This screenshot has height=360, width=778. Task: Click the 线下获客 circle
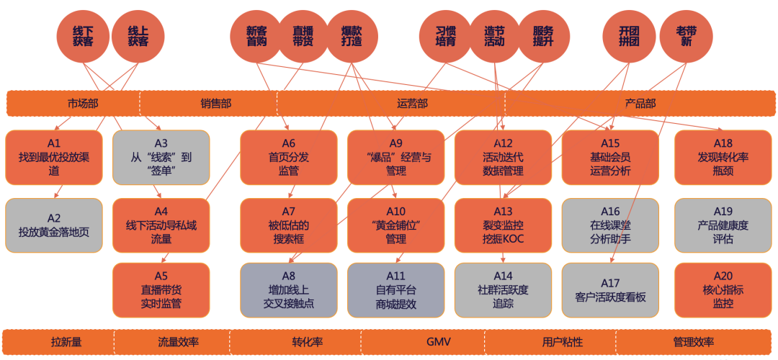83,37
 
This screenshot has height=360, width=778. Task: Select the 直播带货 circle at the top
303,37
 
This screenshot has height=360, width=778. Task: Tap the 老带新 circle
687,37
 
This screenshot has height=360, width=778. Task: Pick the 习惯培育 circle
446,37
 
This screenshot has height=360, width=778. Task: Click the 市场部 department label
82,104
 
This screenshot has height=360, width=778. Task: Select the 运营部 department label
412,104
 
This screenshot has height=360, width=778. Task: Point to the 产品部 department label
640,104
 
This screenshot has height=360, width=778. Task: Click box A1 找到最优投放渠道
54,157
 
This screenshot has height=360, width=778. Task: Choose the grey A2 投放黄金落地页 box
54,225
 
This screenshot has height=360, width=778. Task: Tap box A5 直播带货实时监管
161,290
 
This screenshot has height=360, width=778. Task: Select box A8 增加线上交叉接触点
289,290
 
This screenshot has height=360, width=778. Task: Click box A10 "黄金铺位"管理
396,225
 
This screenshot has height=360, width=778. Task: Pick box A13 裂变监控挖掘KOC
503,225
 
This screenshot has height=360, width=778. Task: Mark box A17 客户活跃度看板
610,290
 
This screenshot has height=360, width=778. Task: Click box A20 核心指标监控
723,290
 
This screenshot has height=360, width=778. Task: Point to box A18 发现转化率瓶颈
723,157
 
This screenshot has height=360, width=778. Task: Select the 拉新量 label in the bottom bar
66,342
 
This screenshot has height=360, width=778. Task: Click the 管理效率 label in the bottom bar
694,342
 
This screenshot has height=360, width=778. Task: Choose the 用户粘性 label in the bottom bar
563,342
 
